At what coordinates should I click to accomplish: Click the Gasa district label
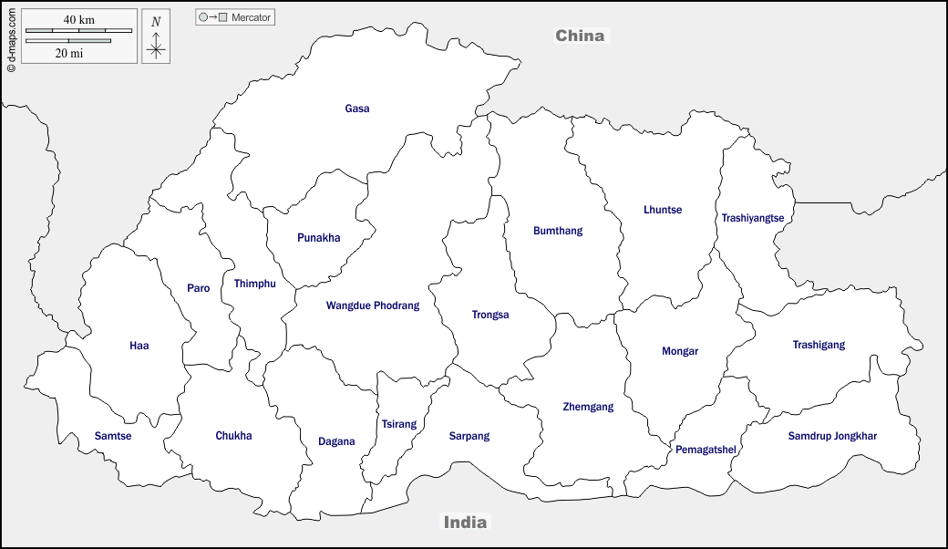357,109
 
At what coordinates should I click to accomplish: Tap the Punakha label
318,238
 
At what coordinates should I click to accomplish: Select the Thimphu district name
254,284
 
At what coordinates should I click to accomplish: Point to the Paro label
198,288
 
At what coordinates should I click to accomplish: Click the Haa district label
139,346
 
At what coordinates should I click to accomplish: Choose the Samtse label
113,436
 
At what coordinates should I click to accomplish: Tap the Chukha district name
233,436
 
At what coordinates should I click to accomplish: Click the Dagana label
336,442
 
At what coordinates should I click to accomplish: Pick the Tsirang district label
398,424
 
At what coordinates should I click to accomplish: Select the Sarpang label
469,436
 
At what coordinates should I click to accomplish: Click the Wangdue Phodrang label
373,306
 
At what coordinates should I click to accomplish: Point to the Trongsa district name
490,315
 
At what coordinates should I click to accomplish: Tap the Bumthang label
558,231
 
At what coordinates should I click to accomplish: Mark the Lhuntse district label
663,210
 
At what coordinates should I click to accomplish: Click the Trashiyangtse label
752,218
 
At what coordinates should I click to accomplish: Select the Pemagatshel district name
706,450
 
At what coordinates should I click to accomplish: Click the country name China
580,36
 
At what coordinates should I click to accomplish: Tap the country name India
465,523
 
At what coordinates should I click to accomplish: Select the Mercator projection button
235,17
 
